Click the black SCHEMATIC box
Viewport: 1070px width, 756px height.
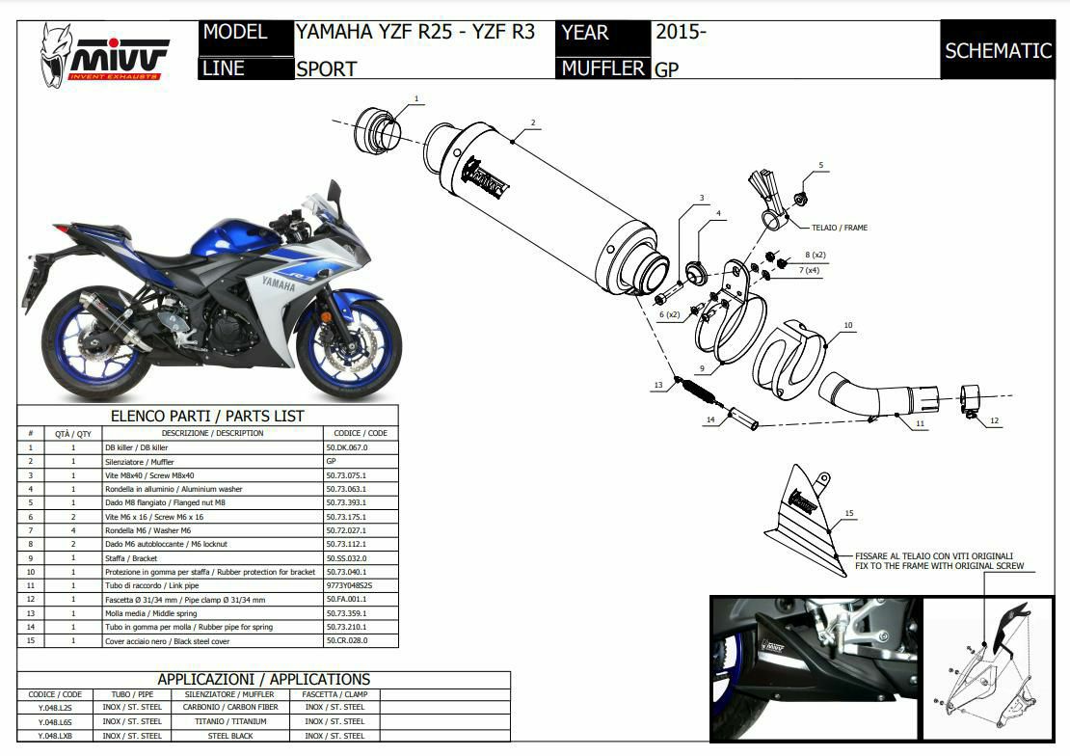point(998,50)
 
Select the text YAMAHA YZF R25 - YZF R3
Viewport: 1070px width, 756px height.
point(415,32)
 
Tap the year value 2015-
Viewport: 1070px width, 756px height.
point(681,32)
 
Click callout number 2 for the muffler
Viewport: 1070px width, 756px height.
point(531,123)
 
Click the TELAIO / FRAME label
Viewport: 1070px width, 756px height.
point(827,228)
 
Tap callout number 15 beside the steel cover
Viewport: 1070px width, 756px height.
point(848,513)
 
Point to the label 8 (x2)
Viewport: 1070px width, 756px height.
point(815,255)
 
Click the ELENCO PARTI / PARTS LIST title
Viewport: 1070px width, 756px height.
point(207,416)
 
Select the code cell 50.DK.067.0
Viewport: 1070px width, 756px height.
point(347,447)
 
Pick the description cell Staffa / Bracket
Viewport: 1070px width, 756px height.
point(131,558)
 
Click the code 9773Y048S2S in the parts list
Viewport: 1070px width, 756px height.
point(349,585)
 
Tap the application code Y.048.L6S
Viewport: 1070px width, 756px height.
point(54,721)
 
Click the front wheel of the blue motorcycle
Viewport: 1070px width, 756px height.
point(347,344)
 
